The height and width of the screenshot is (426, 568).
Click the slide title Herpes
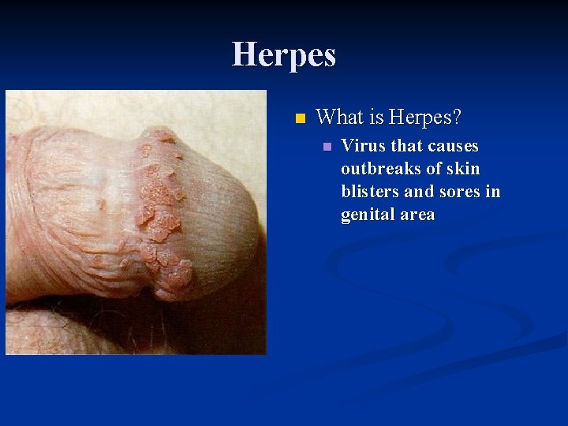(284, 54)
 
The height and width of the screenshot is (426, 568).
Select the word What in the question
(339, 118)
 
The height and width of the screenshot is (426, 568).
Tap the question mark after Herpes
(457, 118)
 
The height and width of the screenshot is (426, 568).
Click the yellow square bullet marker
(299, 120)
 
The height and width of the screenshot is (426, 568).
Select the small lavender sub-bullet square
(327, 148)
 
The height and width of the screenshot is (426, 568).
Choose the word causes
(453, 146)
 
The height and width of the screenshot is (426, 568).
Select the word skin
(465, 169)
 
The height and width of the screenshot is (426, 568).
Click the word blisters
(369, 192)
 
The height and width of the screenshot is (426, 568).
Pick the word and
(419, 192)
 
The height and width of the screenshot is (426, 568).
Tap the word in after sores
(494, 192)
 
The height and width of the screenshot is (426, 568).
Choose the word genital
(368, 215)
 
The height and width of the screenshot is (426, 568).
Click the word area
(418, 215)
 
